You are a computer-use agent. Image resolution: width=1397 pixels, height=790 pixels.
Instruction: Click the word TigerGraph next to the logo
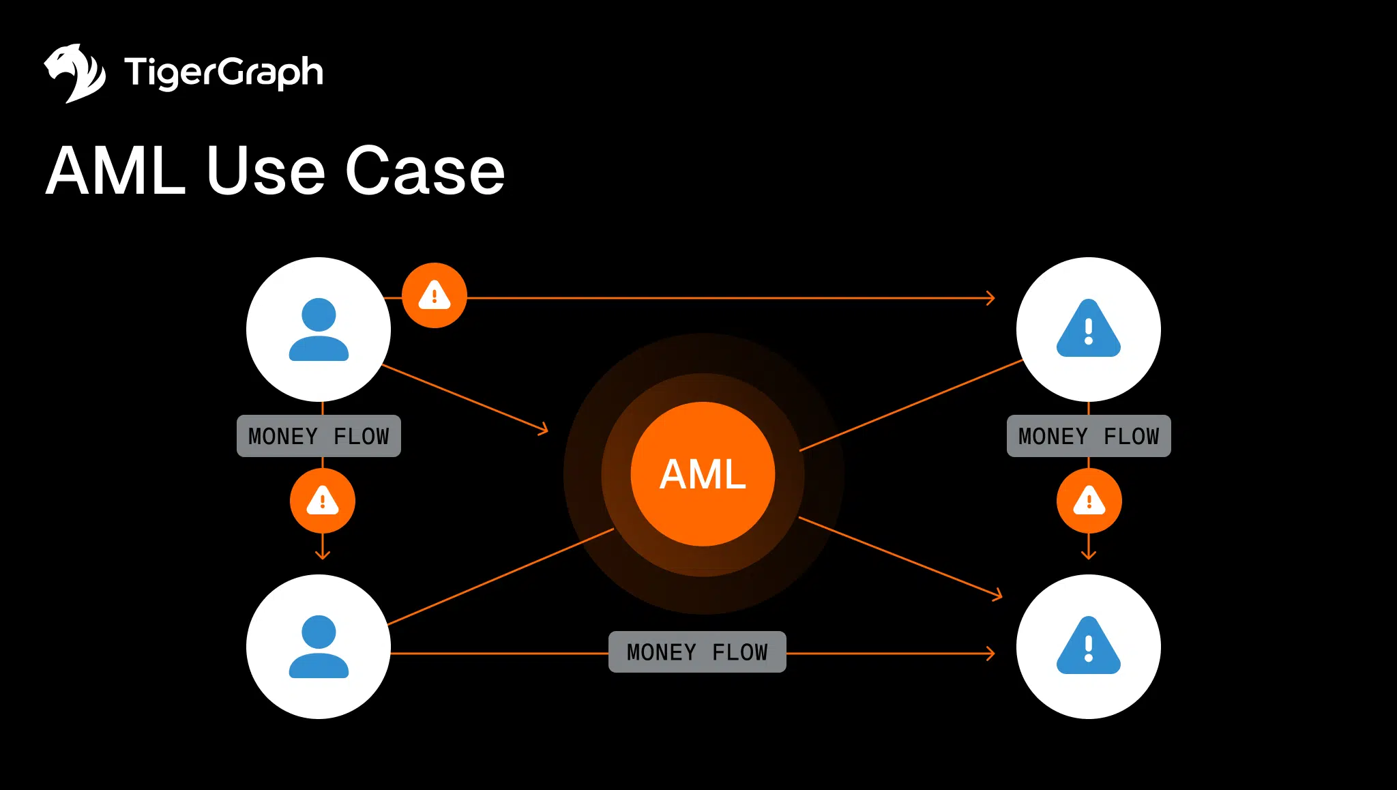pos(223,72)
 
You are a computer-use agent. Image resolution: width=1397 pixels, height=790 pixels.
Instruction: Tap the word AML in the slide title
pos(116,171)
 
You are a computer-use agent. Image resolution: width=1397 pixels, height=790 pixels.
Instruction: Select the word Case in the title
pos(424,171)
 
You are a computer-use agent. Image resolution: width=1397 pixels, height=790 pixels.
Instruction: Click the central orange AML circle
pos(703,474)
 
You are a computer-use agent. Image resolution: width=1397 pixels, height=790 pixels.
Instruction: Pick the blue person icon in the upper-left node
pos(319,330)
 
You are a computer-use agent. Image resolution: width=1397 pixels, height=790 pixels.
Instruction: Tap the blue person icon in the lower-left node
pos(319,647)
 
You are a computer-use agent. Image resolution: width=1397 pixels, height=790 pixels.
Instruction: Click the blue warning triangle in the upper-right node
pos(1088,330)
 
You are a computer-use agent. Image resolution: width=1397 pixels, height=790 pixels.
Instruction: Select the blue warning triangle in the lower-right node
pos(1088,647)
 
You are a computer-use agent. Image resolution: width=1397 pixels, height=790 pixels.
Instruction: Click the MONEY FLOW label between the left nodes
pos(319,436)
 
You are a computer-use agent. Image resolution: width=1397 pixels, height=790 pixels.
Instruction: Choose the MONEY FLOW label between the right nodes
pos(1089,436)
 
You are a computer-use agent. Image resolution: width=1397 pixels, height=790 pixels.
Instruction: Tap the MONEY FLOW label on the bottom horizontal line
pos(697,652)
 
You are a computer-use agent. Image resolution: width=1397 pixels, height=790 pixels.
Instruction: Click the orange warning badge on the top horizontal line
pos(435,295)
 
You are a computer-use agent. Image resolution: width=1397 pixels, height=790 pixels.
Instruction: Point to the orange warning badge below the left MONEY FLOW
pos(323,501)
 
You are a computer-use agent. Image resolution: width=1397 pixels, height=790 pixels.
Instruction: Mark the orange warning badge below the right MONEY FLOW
pos(1089,501)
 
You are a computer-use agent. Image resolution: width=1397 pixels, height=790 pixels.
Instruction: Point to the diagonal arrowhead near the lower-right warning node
pos(998,595)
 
